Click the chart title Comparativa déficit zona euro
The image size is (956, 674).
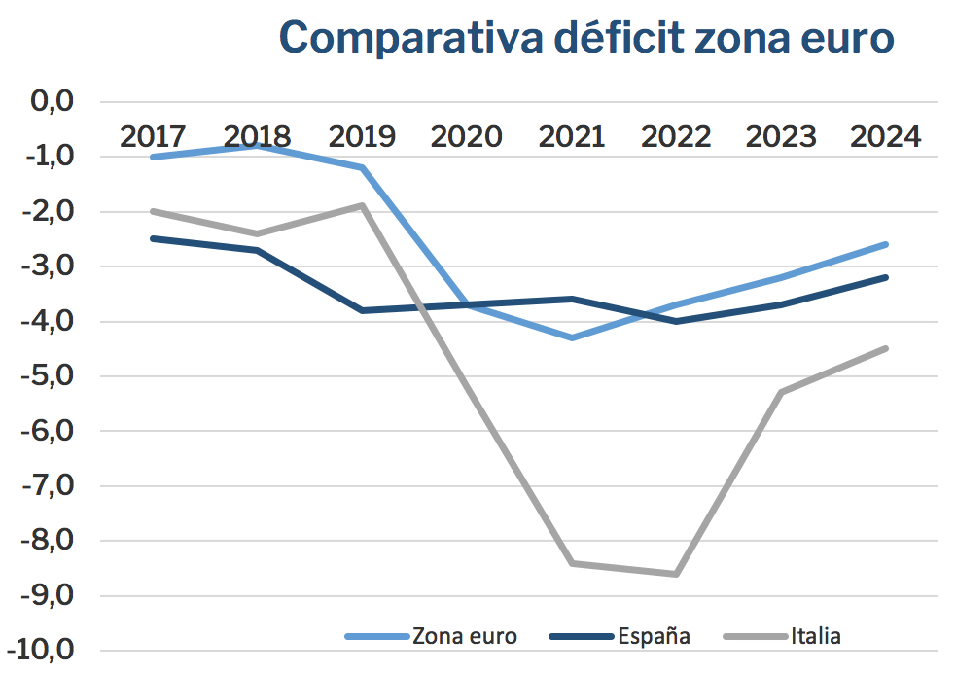point(585,39)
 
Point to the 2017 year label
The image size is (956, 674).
point(154,136)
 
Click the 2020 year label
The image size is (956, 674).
point(466,136)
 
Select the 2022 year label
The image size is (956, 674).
point(676,136)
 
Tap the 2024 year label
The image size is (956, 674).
point(885,136)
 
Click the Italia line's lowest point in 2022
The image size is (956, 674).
point(676,574)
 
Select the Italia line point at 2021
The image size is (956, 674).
point(572,563)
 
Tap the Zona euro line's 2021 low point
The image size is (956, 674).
point(572,337)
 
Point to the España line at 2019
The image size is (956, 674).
point(362,310)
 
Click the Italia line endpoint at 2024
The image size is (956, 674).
point(886,348)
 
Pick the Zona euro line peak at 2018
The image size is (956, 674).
point(258,145)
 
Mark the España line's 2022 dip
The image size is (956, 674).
point(676,321)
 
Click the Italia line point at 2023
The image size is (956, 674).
point(781,392)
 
